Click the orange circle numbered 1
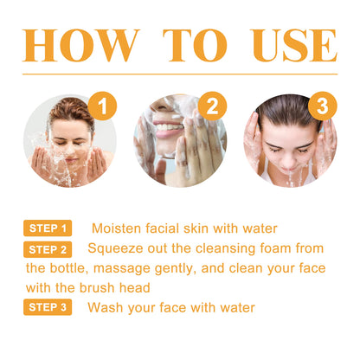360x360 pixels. coord(103,107)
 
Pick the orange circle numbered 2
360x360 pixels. coord(210,107)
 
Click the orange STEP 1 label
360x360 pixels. coord(48,228)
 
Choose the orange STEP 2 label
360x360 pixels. coord(48,248)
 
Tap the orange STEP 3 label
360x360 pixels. coord(48,307)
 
